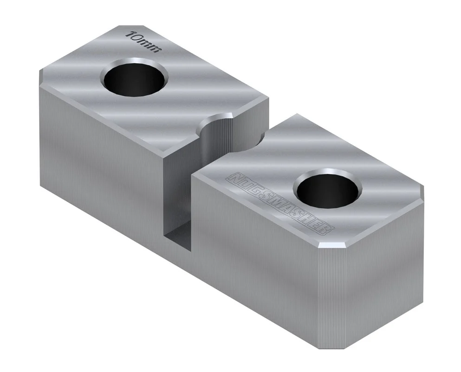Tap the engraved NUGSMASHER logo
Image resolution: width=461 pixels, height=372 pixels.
pos(280,204)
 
